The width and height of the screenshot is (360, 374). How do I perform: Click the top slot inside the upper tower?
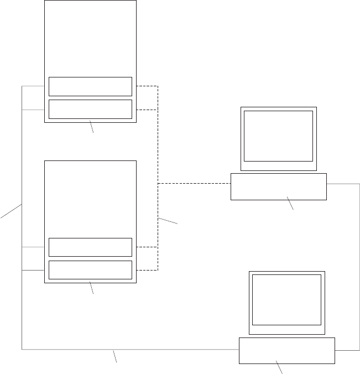(90, 86)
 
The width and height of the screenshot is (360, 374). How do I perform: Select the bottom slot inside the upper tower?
(90, 109)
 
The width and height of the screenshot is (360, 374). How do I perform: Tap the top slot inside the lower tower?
(90, 247)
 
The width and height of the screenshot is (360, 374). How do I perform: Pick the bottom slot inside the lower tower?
(90, 269)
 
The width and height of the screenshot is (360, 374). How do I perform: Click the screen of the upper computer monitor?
(278, 136)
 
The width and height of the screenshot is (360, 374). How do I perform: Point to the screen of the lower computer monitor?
(286, 299)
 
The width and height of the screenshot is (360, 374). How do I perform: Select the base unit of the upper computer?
(278, 186)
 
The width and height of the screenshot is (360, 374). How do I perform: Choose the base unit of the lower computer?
(286, 350)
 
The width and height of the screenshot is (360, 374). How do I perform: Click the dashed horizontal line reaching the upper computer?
(194, 183)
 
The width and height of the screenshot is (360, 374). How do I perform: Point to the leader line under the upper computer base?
(290, 203)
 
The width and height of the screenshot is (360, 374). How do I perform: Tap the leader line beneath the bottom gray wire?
(114, 356)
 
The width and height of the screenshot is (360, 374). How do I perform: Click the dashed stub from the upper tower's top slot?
(147, 86)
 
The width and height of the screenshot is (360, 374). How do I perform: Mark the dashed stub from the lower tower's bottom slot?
(147, 270)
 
